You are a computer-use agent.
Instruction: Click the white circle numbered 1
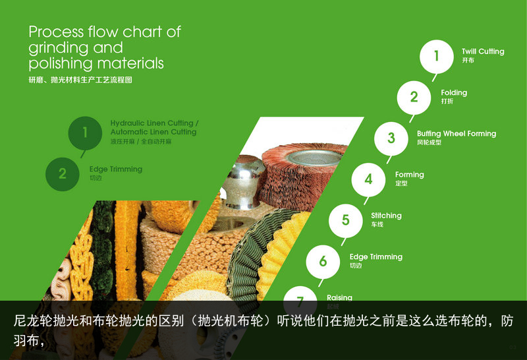click(x=436, y=56)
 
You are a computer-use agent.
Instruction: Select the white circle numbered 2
click(x=414, y=97)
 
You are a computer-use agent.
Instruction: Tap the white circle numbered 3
click(x=391, y=138)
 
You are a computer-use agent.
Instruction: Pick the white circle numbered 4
click(x=368, y=179)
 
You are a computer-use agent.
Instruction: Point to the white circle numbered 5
click(x=345, y=220)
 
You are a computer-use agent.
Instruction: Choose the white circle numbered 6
click(x=323, y=261)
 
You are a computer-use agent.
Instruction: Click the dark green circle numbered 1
click(x=85, y=133)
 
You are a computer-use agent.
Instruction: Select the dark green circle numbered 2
click(x=63, y=173)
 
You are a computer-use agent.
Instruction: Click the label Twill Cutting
click(x=483, y=51)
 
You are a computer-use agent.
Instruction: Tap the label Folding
click(x=454, y=92)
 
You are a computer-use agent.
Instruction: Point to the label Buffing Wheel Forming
click(x=456, y=134)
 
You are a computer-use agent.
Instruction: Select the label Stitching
click(x=386, y=216)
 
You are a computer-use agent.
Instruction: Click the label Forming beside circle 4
click(x=409, y=175)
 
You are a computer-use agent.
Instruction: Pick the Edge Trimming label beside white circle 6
click(x=375, y=256)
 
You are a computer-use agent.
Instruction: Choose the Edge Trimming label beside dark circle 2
click(x=115, y=169)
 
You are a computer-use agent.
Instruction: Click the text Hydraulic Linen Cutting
click(x=152, y=123)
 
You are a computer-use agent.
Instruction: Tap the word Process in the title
click(x=55, y=32)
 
